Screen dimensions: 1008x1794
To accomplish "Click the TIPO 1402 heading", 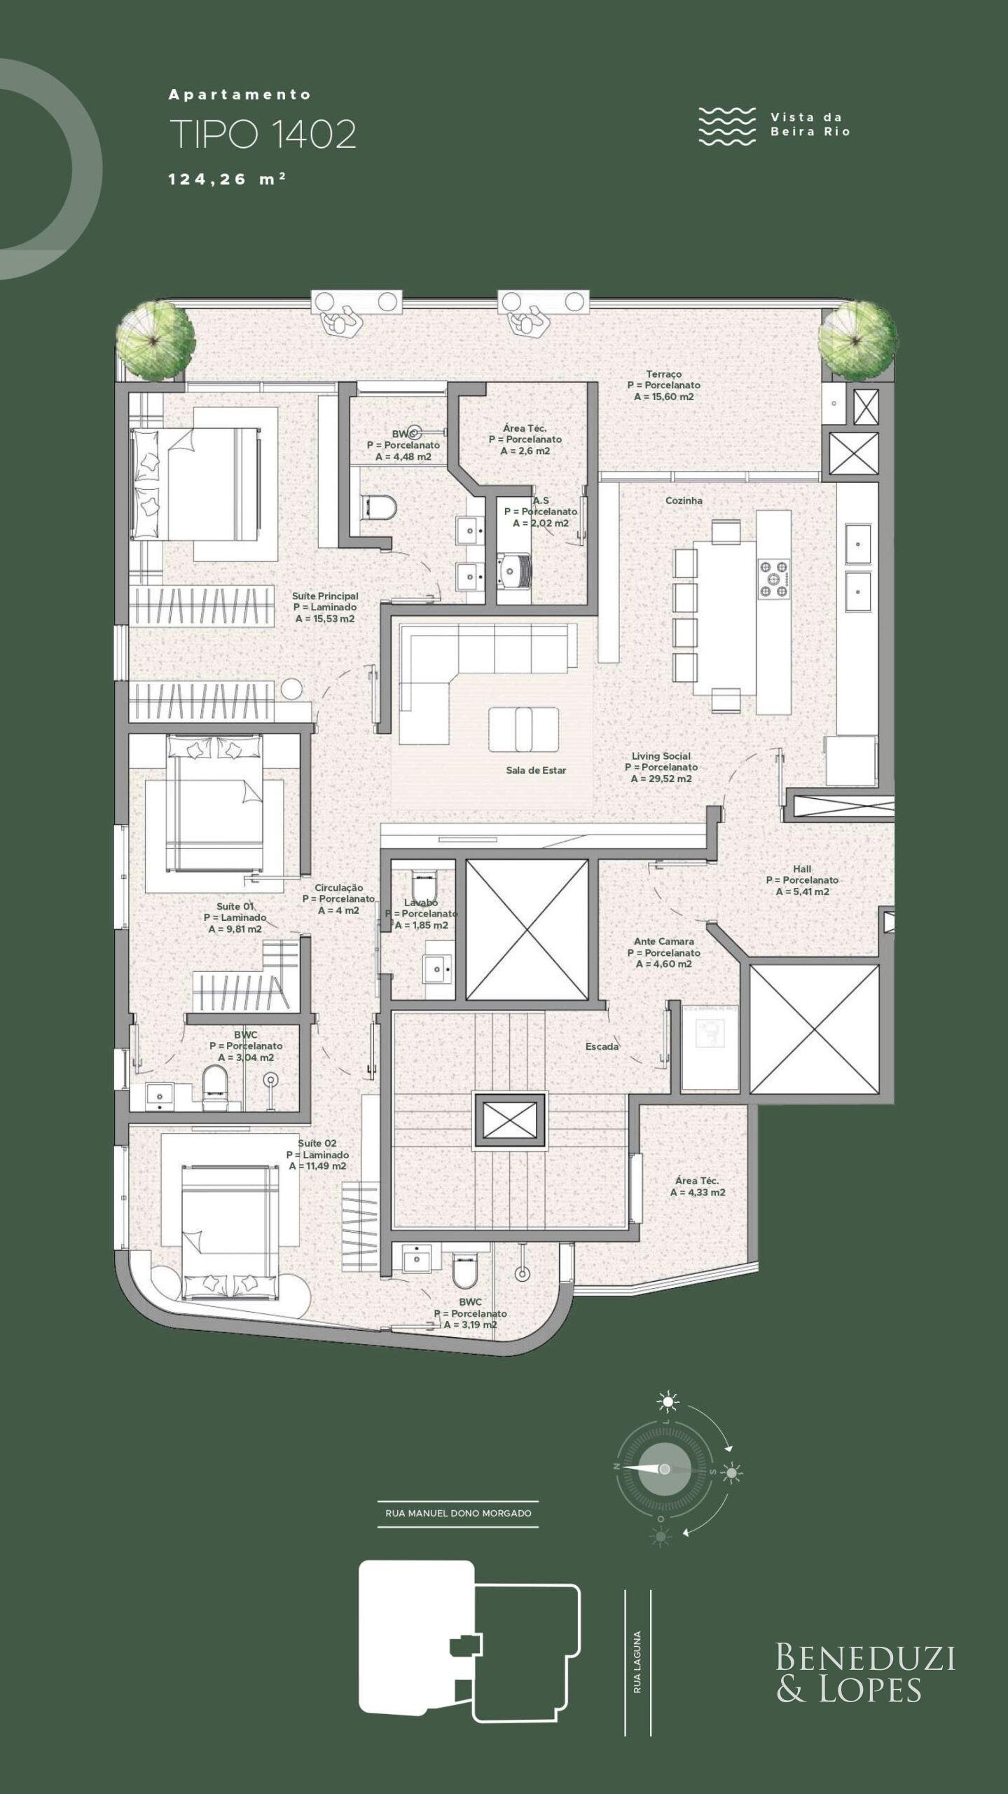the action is tap(263, 135).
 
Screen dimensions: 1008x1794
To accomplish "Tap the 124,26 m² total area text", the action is tap(227, 179).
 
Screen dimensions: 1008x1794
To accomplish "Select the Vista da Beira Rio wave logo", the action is tap(727, 126).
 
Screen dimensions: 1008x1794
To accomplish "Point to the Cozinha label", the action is tap(684, 501).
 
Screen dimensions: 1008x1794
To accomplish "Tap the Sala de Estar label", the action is tap(536, 770).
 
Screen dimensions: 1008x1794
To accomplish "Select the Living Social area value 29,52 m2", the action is tap(661, 779).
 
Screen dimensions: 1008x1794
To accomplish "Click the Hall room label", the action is tap(802, 869).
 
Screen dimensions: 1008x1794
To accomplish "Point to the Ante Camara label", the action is tap(663, 941).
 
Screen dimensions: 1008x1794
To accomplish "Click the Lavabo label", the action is tap(421, 903).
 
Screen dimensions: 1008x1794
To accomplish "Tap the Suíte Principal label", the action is tap(325, 596).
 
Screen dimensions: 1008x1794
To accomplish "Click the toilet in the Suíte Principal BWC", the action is tap(378, 506).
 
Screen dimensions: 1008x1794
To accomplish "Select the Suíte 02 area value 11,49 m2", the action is tap(318, 1166).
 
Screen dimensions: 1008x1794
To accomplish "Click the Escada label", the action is tap(602, 1046).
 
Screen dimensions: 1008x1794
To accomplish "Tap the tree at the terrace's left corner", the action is tap(155, 341).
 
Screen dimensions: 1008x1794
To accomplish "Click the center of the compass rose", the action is tap(665, 1469).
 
